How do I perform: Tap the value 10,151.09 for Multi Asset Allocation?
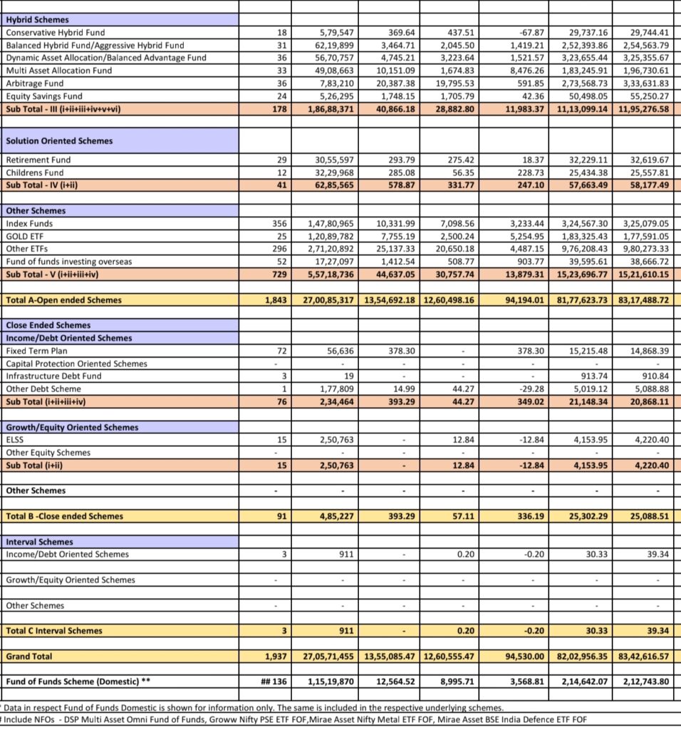(x=397, y=71)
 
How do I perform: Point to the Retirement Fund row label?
(x=38, y=160)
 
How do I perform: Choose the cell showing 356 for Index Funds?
(x=279, y=223)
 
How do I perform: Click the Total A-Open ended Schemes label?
(x=63, y=300)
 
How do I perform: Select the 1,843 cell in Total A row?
(x=275, y=300)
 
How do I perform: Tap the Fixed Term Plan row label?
(x=38, y=351)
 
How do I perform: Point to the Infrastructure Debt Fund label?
(x=53, y=376)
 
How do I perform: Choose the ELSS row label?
(x=15, y=440)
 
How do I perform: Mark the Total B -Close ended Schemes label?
(x=64, y=516)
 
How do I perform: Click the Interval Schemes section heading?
(x=39, y=542)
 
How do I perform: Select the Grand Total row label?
(x=29, y=656)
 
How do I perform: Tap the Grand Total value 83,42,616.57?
(x=645, y=656)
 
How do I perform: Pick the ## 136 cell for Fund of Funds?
(x=274, y=682)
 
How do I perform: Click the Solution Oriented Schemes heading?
(x=59, y=140)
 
